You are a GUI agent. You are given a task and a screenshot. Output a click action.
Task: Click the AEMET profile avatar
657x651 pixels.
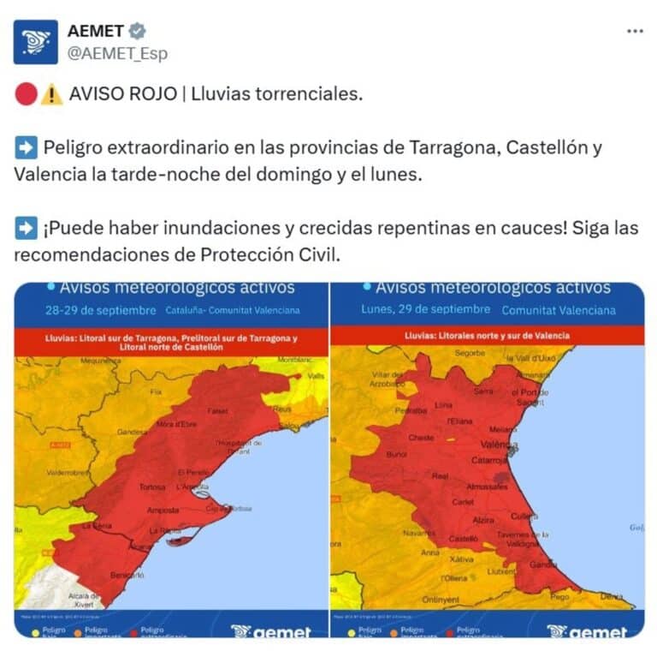pos(35,42)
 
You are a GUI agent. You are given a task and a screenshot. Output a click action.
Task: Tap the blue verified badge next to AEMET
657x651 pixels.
pos(138,32)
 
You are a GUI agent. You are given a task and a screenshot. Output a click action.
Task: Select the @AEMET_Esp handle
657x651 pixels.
pos(118,53)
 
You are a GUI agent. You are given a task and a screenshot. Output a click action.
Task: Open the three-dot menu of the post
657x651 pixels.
pos(634,32)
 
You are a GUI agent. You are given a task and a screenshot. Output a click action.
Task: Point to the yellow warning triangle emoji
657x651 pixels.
pos(50,94)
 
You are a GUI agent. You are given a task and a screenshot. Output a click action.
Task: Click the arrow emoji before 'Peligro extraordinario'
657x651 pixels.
pos(25,146)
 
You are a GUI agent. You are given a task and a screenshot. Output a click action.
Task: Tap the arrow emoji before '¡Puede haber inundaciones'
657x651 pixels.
pos(25,229)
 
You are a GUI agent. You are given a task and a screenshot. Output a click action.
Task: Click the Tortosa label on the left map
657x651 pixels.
pos(152,487)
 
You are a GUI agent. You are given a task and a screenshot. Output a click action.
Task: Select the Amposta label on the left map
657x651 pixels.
pos(163,510)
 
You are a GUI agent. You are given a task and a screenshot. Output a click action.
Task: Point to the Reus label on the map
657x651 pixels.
pos(282,410)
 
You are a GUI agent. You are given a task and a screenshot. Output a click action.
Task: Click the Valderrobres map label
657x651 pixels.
pos(44,472)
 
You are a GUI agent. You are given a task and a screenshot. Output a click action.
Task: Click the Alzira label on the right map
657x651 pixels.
pos(484,519)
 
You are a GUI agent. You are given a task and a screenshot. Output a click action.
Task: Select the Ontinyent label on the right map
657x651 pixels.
pos(440,599)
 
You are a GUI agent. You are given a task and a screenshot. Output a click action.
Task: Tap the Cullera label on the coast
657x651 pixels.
pos(524,516)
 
